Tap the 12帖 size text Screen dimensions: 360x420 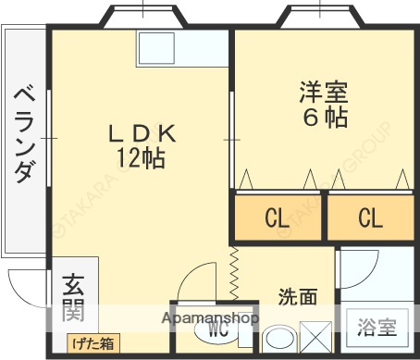coord(141,158)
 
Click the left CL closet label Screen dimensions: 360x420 coord(277,219)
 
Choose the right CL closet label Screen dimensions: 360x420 coord(369,219)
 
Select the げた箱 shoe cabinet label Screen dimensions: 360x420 coord(94,343)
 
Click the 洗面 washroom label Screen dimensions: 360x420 coord(298,297)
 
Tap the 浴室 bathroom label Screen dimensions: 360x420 coord(377,328)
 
